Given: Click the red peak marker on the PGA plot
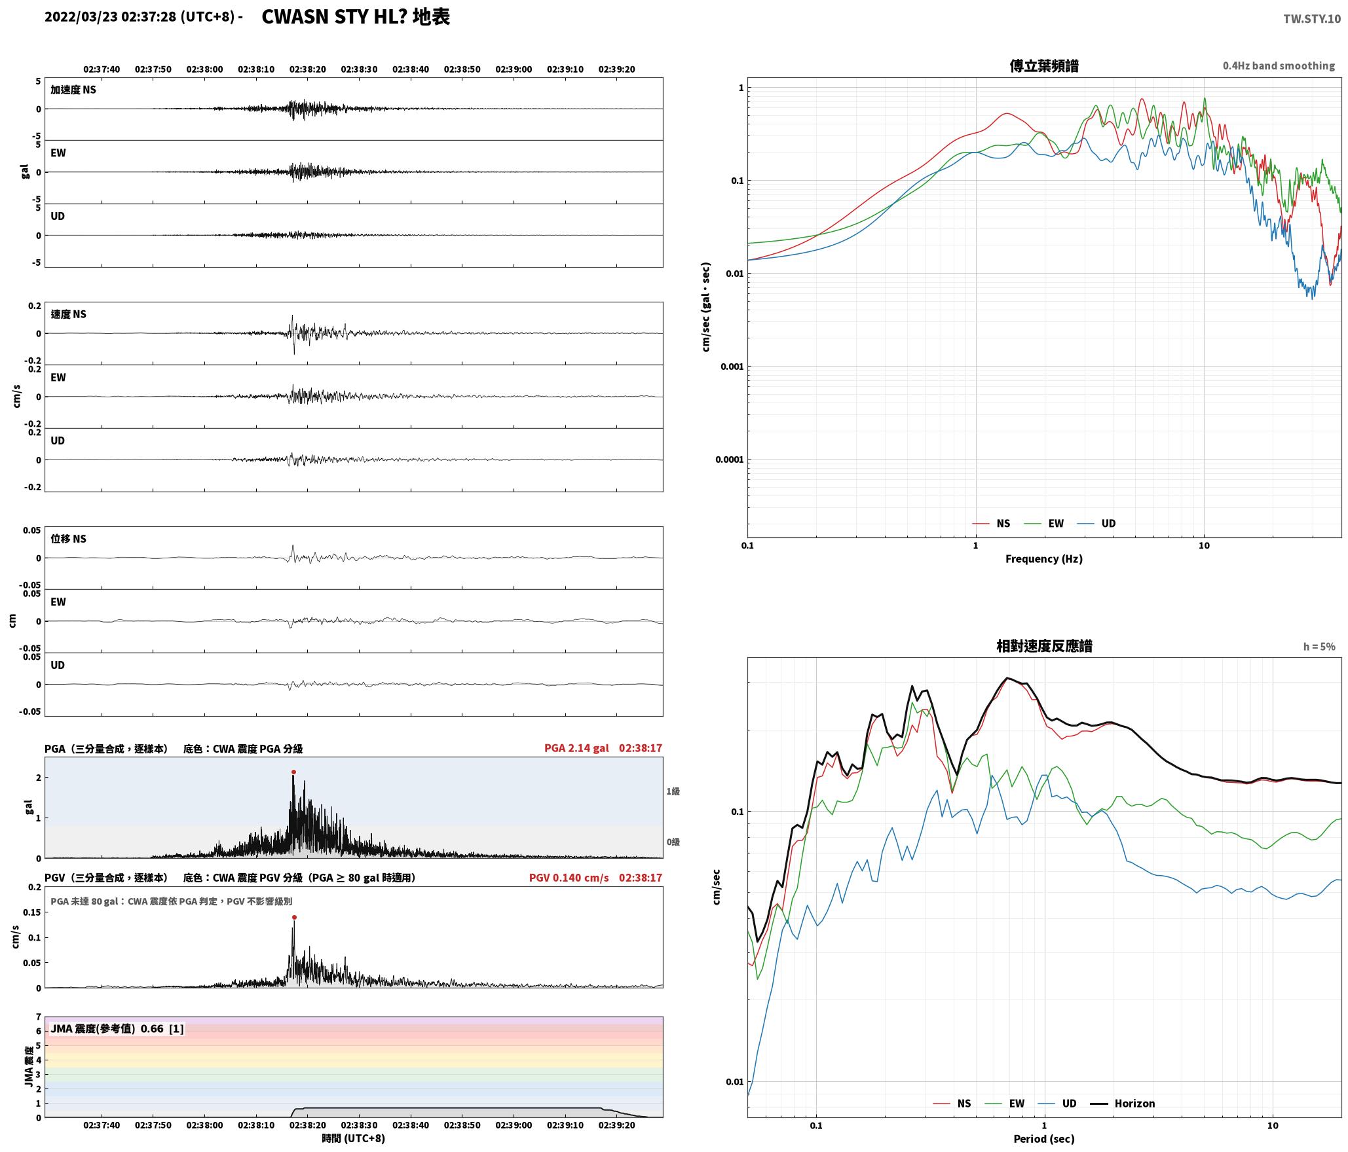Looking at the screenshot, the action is point(293,772).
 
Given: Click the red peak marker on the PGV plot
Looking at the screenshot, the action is point(294,918).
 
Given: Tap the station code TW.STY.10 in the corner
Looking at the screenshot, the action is point(1312,19).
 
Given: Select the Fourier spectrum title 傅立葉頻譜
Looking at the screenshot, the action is point(1044,66).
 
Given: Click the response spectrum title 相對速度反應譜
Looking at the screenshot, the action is point(1044,646).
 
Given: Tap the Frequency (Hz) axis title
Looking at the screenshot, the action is point(1044,559).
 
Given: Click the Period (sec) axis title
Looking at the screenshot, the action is point(1044,1139).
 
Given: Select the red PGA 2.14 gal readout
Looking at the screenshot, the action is point(576,748).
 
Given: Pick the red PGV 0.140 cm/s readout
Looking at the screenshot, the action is point(569,878).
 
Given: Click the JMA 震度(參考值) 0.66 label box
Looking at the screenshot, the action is point(117,1029).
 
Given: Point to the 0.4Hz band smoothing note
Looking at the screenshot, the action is point(1279,66).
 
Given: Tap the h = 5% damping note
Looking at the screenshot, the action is point(1319,647).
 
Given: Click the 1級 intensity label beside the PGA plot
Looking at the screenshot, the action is point(673,791).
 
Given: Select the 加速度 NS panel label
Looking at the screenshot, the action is point(73,90).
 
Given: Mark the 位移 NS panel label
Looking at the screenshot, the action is point(69,539).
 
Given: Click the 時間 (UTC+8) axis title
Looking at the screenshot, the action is point(354,1139).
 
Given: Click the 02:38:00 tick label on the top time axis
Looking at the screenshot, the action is point(204,69).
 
